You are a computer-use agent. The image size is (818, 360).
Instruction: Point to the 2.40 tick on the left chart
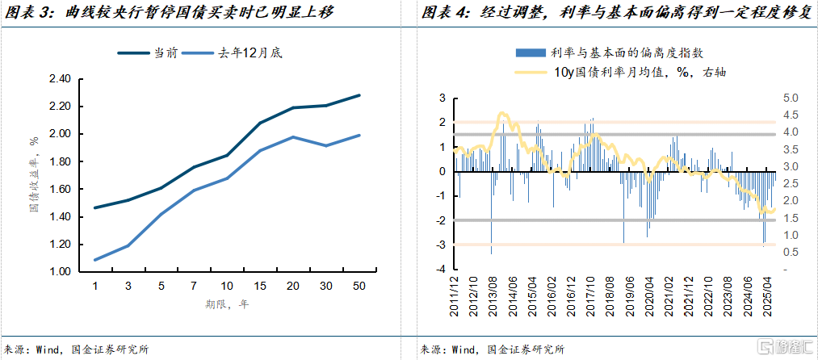(x=61, y=79)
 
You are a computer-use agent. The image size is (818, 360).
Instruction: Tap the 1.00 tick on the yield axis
(x=61, y=272)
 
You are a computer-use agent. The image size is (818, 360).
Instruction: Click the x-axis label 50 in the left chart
(x=359, y=287)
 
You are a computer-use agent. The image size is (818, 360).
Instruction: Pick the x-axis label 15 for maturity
(x=260, y=287)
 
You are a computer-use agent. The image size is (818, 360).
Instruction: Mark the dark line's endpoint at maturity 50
(x=359, y=95)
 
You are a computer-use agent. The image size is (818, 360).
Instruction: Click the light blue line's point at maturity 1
(x=94, y=260)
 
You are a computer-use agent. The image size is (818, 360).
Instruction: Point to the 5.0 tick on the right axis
(x=791, y=98)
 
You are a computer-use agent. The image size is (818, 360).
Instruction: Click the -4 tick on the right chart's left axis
(x=442, y=270)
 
